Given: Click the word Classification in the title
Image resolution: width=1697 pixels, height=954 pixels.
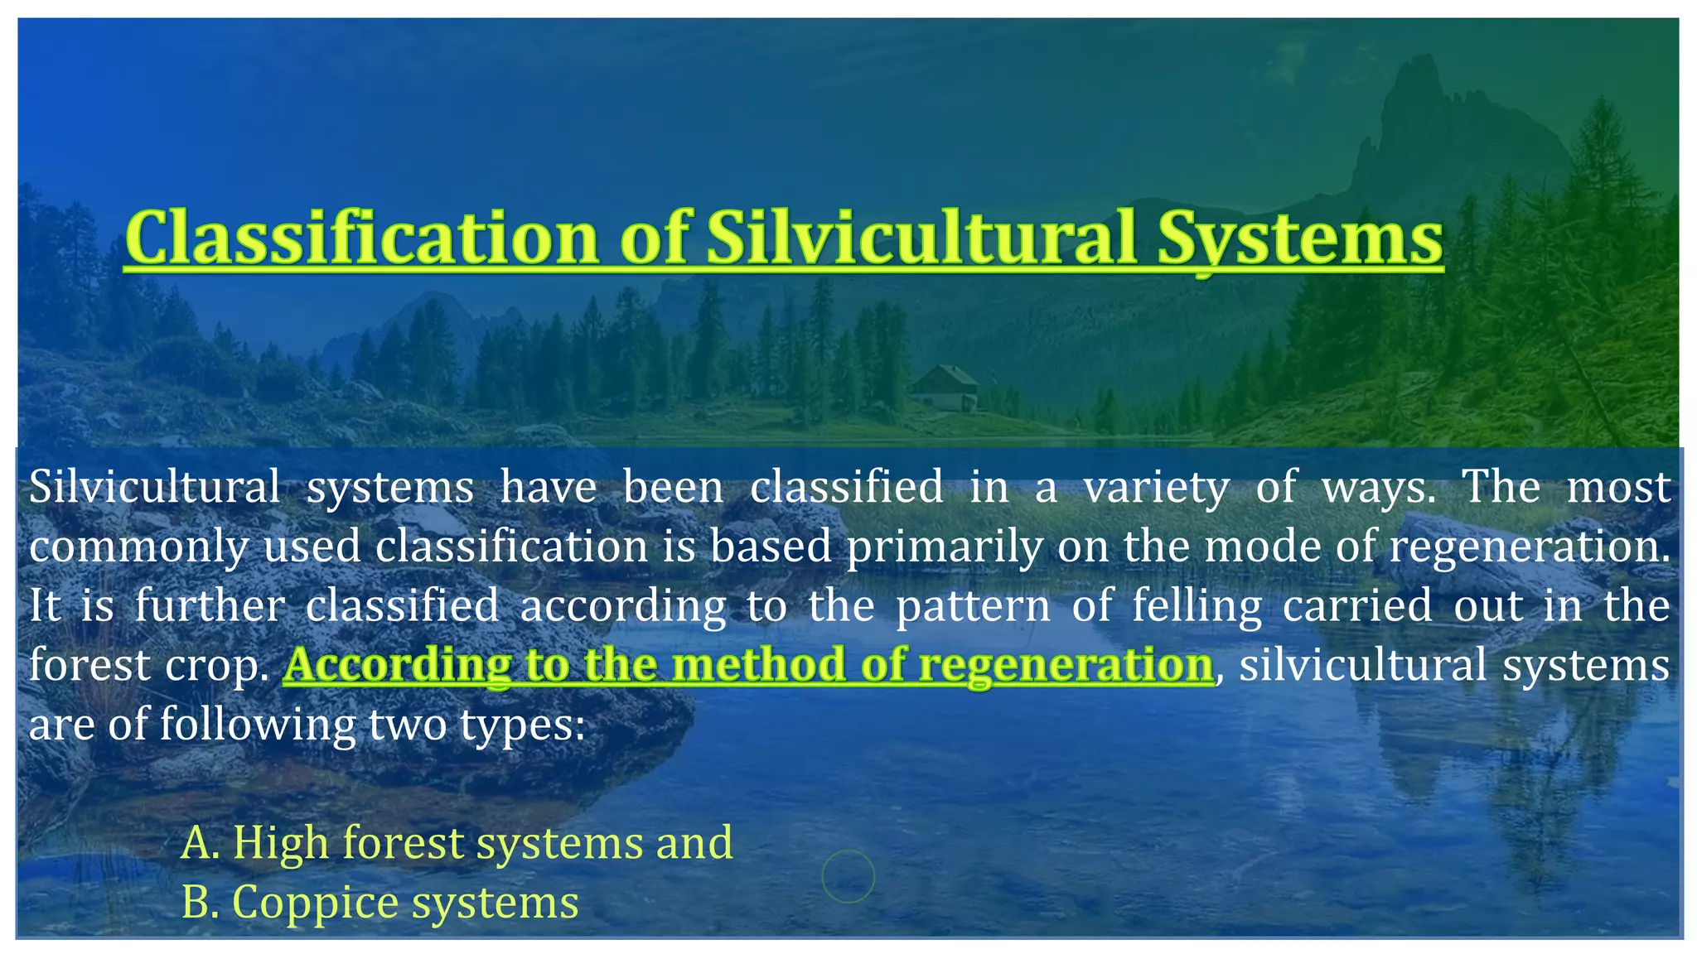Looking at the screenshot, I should pyautogui.click(x=361, y=238).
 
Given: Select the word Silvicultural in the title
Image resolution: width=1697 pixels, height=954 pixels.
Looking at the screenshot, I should pyautogui.click(x=921, y=238).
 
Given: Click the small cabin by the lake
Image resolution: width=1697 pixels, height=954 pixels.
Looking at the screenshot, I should pyautogui.click(x=944, y=387).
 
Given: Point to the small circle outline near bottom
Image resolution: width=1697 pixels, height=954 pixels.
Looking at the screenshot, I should pyautogui.click(x=848, y=875).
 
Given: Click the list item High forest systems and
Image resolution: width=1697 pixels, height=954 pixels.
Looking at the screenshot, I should pyautogui.click(x=457, y=842).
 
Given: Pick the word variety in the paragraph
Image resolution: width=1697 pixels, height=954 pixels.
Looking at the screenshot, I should pyautogui.click(x=1157, y=487).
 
